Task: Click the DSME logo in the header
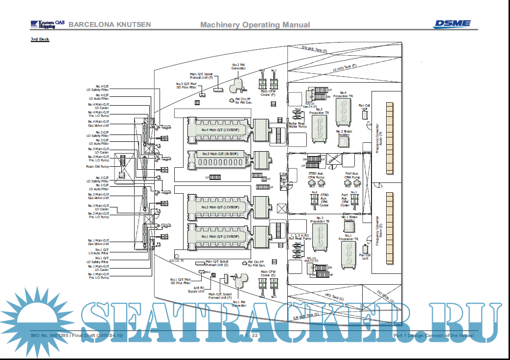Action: [x=452, y=23]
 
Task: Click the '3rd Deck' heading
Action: [x=40, y=39]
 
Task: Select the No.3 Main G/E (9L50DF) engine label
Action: [x=220, y=154]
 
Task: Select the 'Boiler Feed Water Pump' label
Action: [x=297, y=125]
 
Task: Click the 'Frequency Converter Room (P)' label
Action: [x=377, y=137]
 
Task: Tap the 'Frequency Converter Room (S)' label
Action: [x=378, y=228]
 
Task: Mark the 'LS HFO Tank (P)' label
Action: [x=345, y=68]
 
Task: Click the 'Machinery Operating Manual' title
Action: [x=255, y=25]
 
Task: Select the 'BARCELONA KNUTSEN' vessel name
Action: [x=110, y=24]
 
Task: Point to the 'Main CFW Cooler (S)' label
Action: [x=268, y=273]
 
